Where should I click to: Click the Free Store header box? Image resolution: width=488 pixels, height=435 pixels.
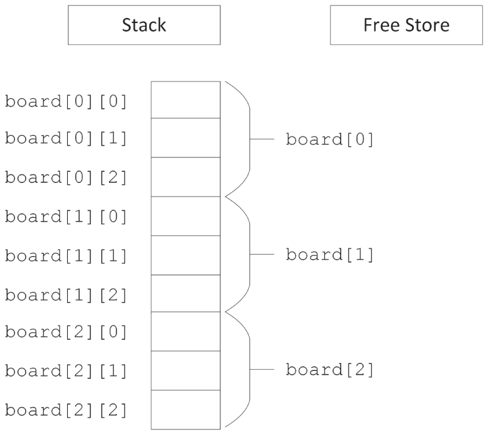pyautogui.click(x=406, y=26)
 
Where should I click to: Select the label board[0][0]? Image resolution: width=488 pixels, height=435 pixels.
pyautogui.click(x=66, y=101)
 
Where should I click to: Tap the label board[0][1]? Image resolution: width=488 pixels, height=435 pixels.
pyautogui.click(x=66, y=139)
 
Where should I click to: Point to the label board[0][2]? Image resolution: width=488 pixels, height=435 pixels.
pyautogui.click(x=66, y=178)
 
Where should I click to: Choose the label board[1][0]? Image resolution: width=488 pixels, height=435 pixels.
pyautogui.click(x=66, y=217)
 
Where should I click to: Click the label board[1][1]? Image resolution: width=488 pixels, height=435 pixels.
pyautogui.click(x=66, y=256)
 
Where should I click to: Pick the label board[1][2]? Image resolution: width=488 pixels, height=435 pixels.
pyautogui.click(x=66, y=294)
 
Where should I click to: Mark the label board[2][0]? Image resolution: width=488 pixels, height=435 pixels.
pyautogui.click(x=66, y=332)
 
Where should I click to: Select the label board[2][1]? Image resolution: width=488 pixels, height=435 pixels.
pyautogui.click(x=66, y=371)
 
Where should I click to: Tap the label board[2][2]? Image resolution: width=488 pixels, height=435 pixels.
pyautogui.click(x=66, y=410)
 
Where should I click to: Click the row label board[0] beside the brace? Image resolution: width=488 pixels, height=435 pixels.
pyautogui.click(x=330, y=139)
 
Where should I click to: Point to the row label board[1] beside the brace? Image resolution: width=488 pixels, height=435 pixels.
pyautogui.click(x=330, y=255)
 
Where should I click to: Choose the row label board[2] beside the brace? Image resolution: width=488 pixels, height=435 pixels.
pyautogui.click(x=330, y=370)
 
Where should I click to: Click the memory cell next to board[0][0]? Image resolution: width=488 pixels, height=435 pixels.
pyautogui.click(x=185, y=100)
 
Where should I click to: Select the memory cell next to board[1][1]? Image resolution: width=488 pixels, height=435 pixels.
pyautogui.click(x=185, y=255)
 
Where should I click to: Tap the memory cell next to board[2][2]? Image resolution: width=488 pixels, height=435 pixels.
pyautogui.click(x=185, y=409)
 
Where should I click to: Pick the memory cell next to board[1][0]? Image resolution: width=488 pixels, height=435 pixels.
pyautogui.click(x=185, y=216)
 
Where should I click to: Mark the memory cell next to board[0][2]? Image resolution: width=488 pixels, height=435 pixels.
pyautogui.click(x=185, y=177)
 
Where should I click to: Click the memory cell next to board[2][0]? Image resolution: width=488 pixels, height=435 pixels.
pyautogui.click(x=185, y=332)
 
